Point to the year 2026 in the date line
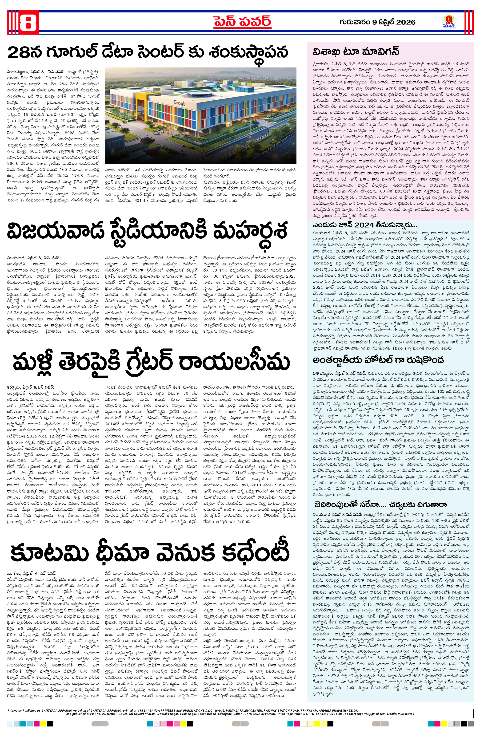tap(406, 22)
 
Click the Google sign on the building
tap(180, 103)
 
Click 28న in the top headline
tap(26, 53)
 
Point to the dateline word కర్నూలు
tap(14, 387)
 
